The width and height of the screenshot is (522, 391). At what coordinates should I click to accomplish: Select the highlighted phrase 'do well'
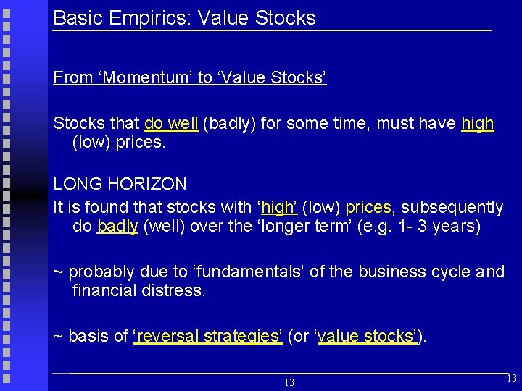[x=171, y=124]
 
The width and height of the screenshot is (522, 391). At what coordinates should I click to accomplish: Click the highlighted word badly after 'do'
[x=117, y=226]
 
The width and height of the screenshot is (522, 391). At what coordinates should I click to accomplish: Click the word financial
[x=102, y=291]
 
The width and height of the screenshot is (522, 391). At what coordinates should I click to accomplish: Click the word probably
[x=101, y=272]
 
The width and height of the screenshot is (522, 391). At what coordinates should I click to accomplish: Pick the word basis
[x=87, y=337]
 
